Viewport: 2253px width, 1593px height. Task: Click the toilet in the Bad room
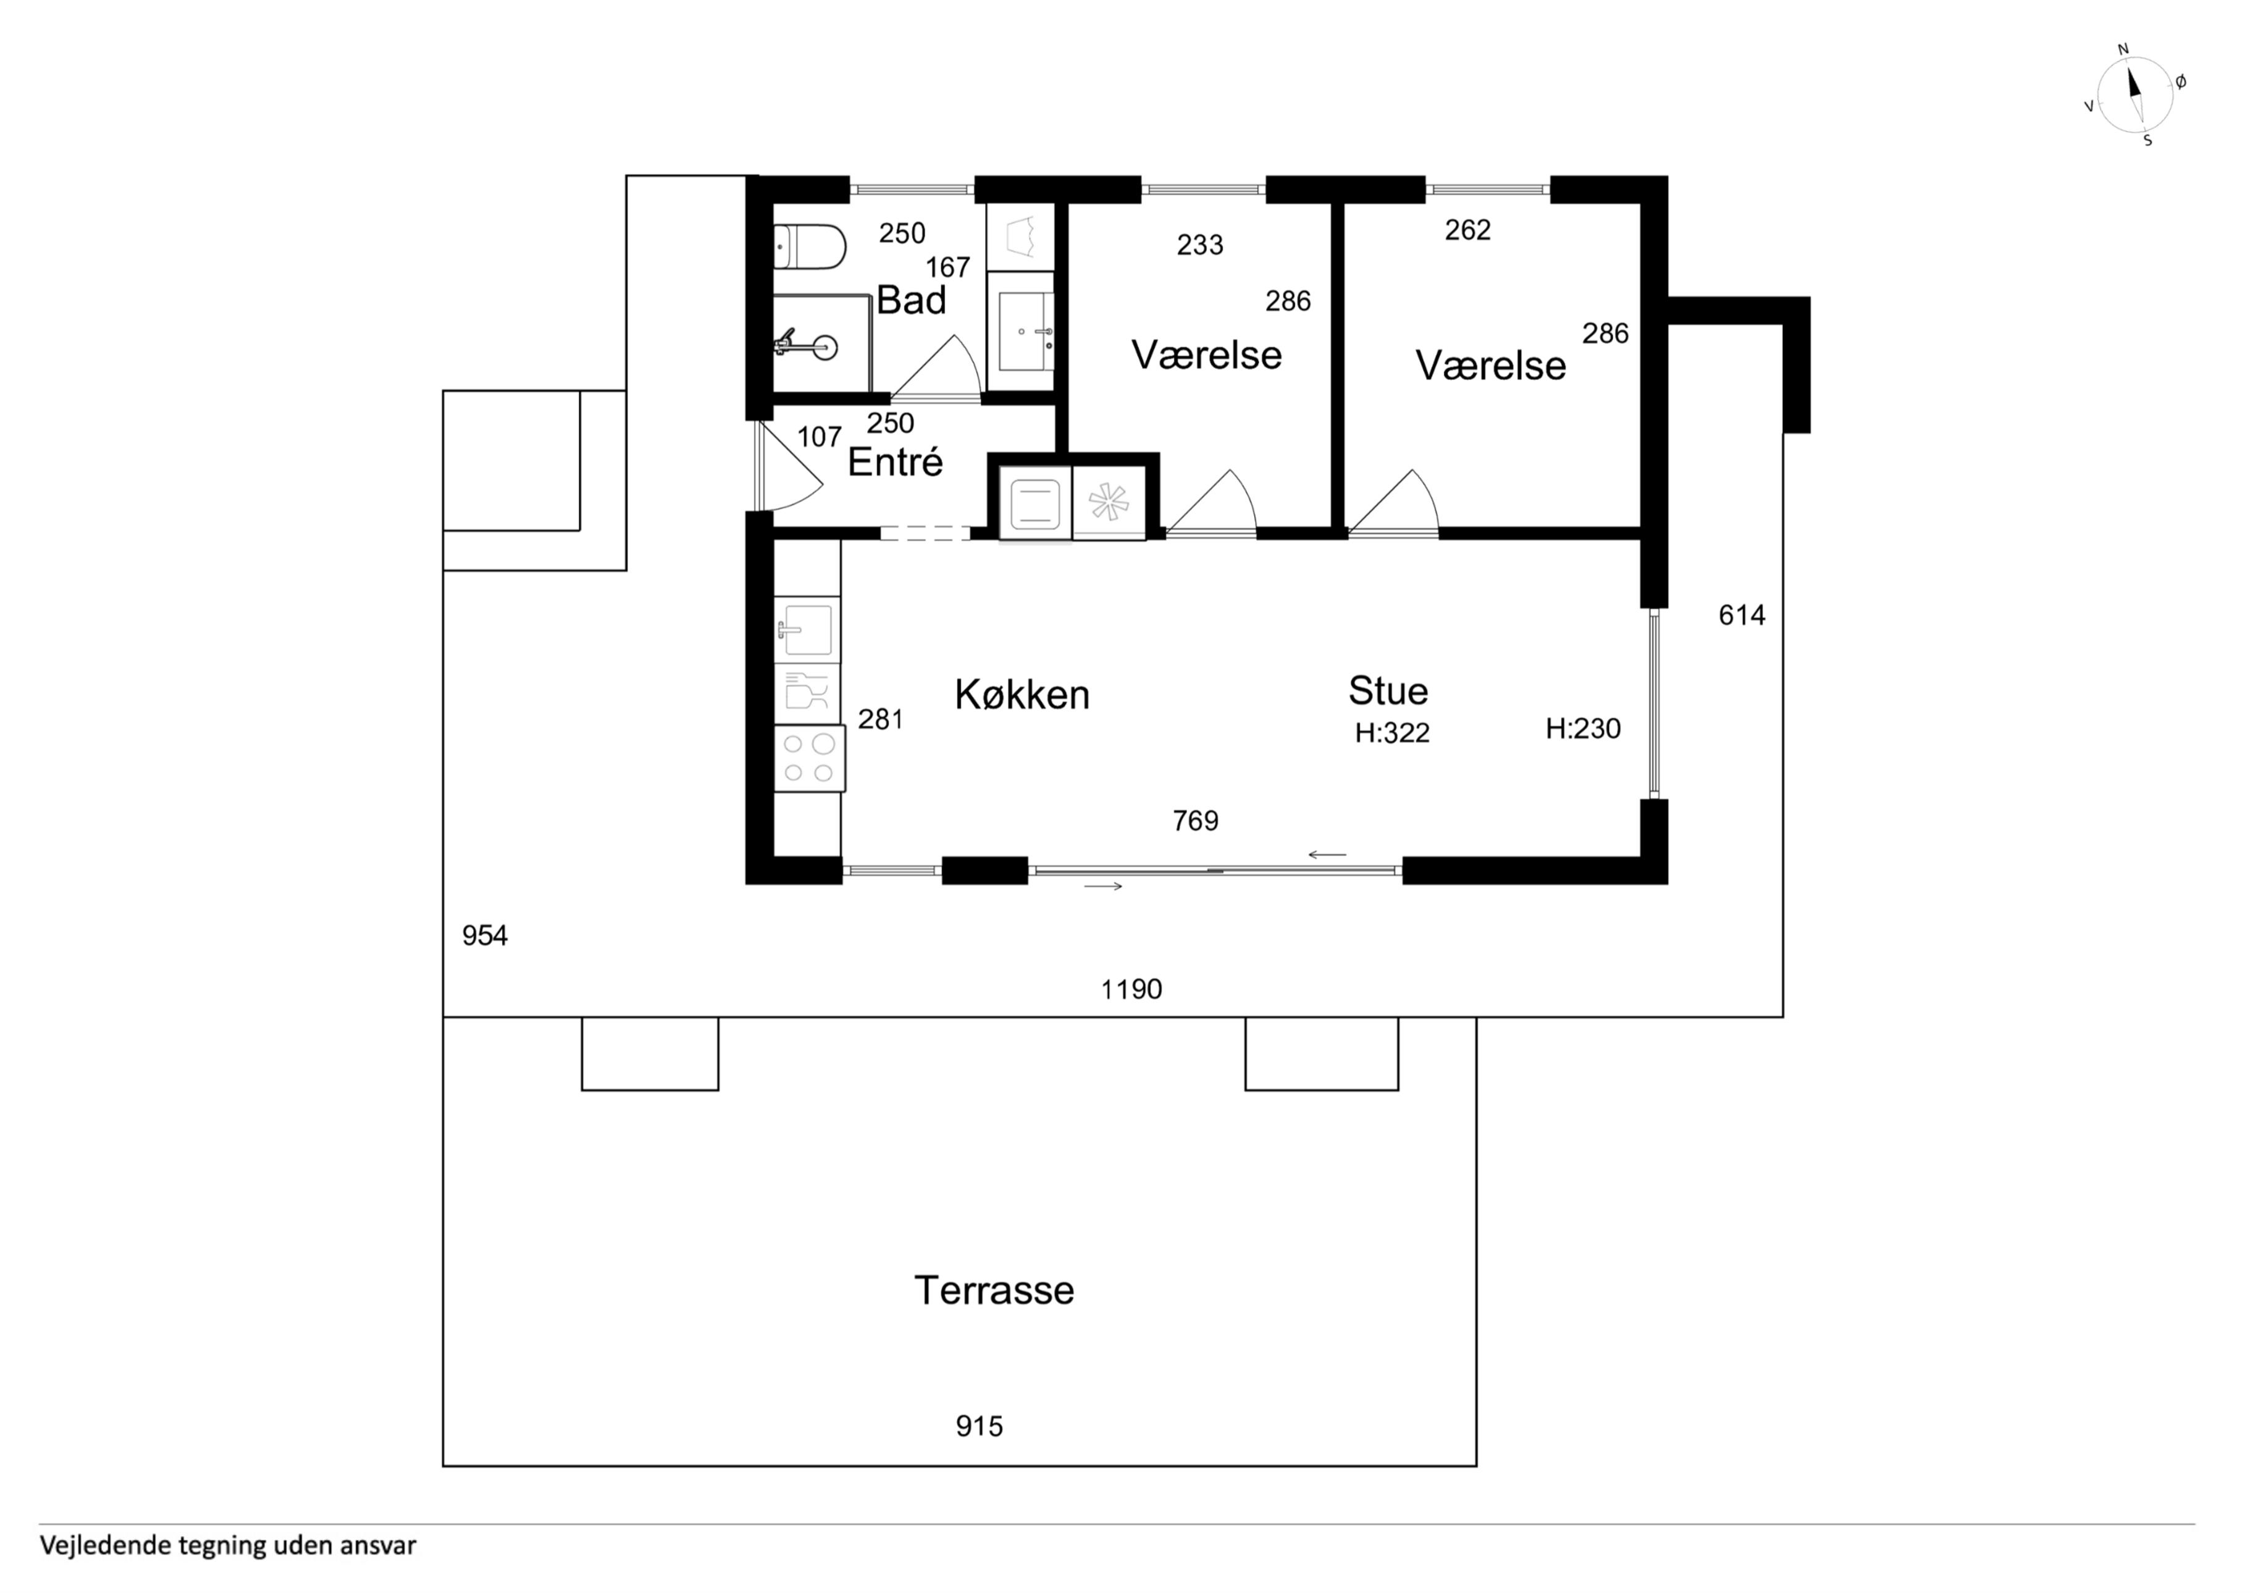tap(810, 246)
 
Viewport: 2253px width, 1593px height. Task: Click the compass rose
tap(2136, 95)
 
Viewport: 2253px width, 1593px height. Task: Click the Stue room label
tap(1388, 691)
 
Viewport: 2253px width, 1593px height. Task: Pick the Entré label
tap(895, 462)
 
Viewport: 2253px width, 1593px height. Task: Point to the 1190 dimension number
tap(1131, 990)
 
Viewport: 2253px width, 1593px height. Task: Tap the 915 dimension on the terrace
tap(980, 1426)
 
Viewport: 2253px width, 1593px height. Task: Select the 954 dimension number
tap(485, 935)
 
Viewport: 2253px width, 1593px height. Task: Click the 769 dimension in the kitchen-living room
tap(1195, 820)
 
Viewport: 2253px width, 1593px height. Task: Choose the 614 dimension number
tap(1742, 615)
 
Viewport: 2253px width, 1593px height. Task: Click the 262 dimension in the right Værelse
tap(1468, 230)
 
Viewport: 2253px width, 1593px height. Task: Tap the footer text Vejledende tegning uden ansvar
tap(228, 1546)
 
